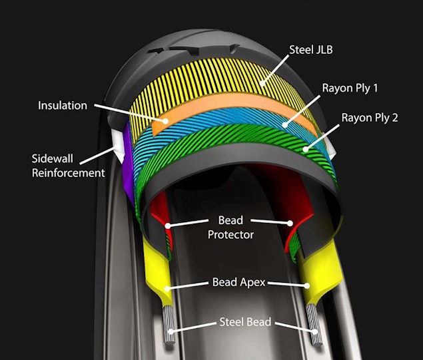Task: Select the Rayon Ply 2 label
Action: tap(370, 118)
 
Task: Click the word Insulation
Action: tap(63, 105)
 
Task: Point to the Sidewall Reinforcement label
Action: tap(69, 166)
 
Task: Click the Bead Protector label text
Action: tap(230, 227)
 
